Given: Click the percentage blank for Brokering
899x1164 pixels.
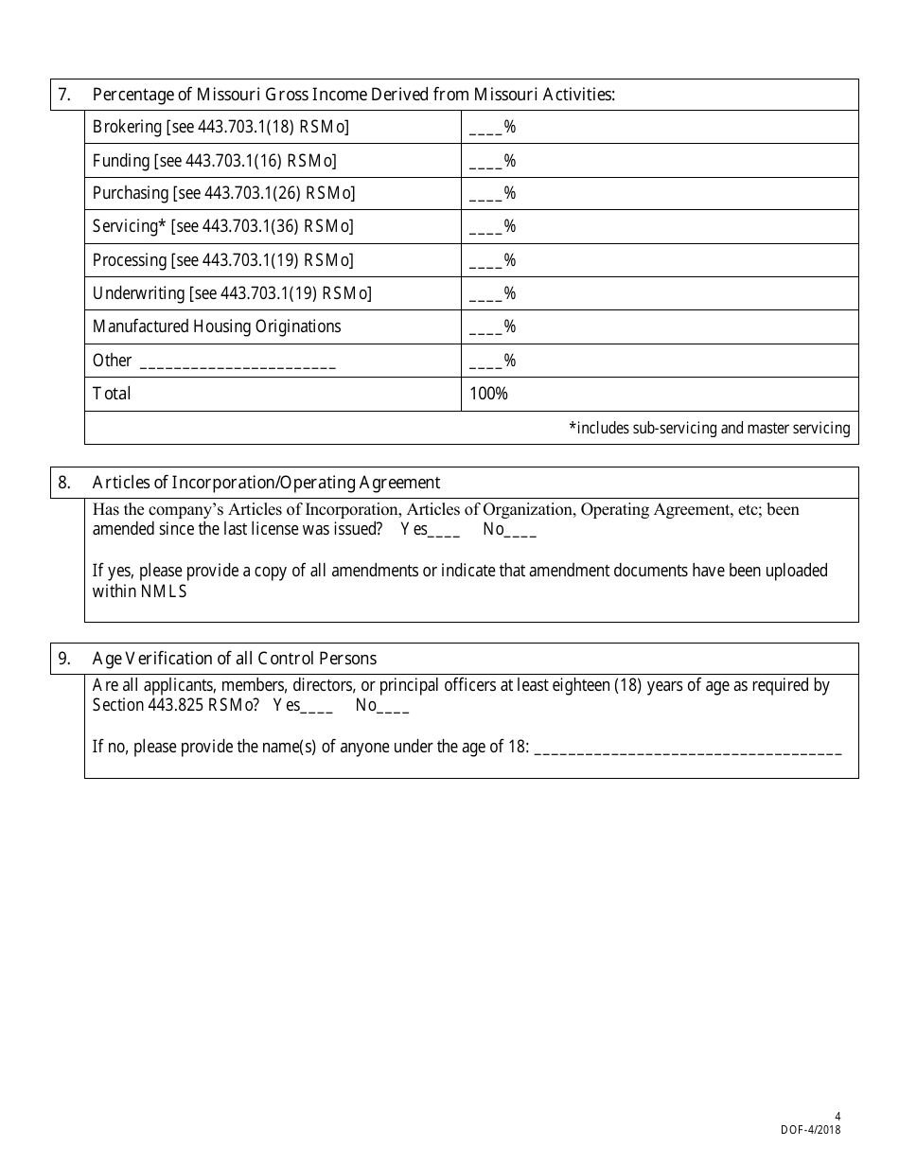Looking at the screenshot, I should click(485, 129).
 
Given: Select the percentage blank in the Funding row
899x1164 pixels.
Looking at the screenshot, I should click(485, 162).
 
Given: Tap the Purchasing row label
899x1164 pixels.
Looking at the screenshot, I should click(223, 193).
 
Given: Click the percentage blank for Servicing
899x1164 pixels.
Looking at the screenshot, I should click(485, 228).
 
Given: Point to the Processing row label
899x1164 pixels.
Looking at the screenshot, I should click(222, 260).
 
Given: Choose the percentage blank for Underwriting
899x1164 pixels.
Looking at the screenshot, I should click(485, 294).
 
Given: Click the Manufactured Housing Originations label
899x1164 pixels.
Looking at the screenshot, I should click(217, 326).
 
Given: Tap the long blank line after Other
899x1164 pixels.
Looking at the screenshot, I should click(238, 362).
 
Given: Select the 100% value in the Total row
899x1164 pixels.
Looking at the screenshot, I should click(488, 394).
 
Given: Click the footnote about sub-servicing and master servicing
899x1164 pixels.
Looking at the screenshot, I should click(709, 428).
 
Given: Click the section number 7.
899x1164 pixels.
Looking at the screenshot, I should click(64, 95).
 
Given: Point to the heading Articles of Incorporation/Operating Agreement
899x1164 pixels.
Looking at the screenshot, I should click(266, 483).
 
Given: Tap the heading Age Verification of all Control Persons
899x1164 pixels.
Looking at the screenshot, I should click(234, 659).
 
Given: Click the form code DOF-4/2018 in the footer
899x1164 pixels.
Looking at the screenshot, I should click(810, 1129).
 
